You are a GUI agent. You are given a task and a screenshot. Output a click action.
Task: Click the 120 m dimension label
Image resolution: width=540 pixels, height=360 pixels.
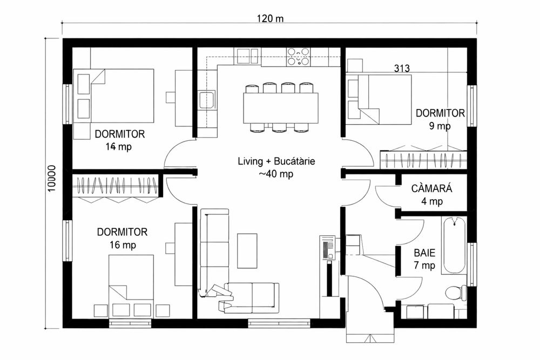coord(270,18)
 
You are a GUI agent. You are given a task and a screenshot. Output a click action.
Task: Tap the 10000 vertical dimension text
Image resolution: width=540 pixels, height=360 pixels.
coord(51,179)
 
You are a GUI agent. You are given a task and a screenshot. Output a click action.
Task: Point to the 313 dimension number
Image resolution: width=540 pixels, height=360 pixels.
coord(402,68)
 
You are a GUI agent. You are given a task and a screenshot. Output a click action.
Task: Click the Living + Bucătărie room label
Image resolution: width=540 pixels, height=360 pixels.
coord(276,161)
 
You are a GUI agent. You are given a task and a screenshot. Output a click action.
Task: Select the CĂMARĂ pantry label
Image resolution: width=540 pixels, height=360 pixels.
coord(431,188)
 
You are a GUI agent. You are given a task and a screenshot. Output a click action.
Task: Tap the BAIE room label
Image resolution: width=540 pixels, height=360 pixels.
coord(424,253)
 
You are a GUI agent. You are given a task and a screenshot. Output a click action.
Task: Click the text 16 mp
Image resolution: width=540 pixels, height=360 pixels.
coord(123,245)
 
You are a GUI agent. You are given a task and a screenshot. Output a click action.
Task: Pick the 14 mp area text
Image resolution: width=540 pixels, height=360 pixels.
coord(119,147)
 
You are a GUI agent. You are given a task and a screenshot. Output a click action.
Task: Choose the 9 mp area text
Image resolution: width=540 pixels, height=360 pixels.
coord(440,126)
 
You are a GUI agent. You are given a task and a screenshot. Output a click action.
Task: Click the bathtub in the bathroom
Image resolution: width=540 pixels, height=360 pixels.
coord(454,245)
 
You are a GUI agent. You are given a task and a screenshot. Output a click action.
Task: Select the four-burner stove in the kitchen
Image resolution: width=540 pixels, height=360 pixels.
coord(298,57)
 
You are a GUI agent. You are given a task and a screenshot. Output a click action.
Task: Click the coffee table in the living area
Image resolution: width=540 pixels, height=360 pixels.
coord(247,251)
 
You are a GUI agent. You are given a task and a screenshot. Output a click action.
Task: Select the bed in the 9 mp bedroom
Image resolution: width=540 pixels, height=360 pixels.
coord(386,99)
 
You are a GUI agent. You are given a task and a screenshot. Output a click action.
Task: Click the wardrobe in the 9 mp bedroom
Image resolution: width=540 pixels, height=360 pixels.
coord(423,160)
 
